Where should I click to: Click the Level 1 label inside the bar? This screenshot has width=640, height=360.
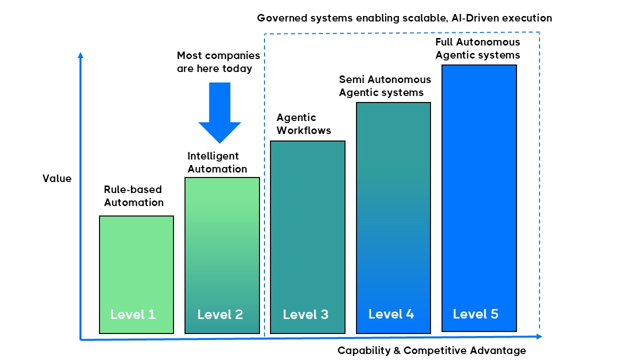click(133, 314)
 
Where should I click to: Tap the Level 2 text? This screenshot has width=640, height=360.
click(220, 314)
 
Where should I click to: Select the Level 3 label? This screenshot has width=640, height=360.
click(305, 314)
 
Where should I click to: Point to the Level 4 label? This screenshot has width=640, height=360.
click(391, 314)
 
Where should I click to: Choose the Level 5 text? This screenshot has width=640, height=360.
click(475, 314)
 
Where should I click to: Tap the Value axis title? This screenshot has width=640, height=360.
click(57, 178)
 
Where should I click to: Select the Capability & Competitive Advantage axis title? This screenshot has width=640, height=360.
click(431, 350)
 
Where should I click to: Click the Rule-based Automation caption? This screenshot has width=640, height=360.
click(133, 196)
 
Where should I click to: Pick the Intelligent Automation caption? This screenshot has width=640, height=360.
click(217, 162)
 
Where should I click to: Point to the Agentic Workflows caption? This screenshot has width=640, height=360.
click(303, 124)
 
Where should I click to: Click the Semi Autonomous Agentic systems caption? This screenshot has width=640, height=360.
click(384, 86)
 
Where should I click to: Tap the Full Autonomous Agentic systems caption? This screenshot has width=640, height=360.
click(477, 48)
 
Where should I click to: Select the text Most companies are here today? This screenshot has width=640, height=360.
click(218, 62)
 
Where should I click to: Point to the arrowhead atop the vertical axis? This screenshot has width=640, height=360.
click(80, 55)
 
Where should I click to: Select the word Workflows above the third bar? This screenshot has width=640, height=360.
click(303, 130)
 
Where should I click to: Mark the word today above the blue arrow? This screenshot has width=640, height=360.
click(237, 69)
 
